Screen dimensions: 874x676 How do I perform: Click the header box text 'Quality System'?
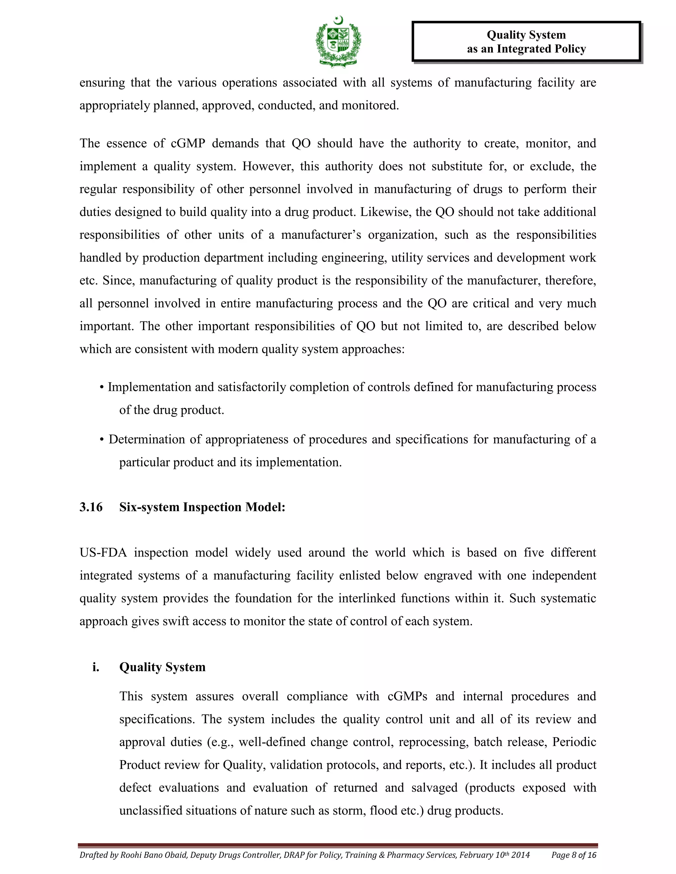click(526, 35)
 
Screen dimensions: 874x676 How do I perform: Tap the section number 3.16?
click(91, 507)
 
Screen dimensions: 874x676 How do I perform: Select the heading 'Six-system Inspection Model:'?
click(202, 507)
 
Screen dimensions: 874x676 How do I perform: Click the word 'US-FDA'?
click(103, 553)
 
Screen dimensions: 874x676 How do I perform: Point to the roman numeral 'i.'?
click(96, 667)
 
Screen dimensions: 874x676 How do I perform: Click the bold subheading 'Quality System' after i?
click(162, 667)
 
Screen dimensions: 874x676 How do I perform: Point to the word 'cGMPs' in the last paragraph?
click(407, 696)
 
